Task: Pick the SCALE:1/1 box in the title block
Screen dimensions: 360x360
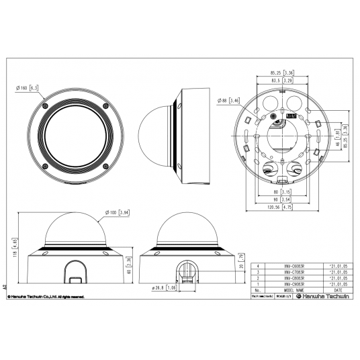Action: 282,296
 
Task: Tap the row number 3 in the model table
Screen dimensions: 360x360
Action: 258,272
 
